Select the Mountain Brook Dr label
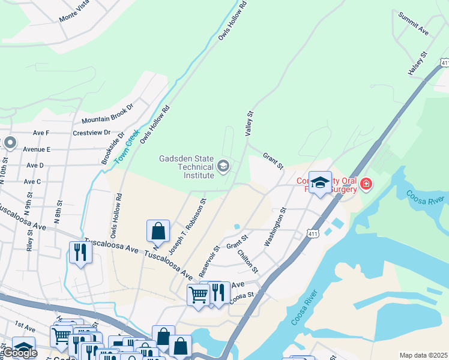(x=107, y=113)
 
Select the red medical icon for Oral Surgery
(x=366, y=185)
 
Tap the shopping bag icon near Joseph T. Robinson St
(x=158, y=230)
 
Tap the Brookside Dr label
(x=112, y=148)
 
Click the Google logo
(x=20, y=353)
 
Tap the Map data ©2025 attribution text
(x=423, y=355)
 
